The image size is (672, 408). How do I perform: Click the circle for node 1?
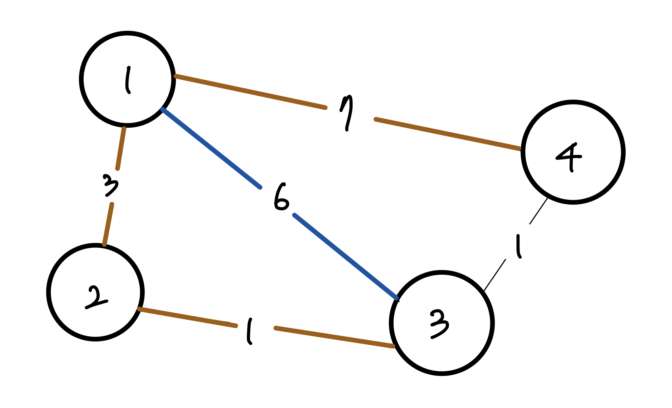[x=127, y=79]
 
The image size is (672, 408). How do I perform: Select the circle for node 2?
[x=95, y=292]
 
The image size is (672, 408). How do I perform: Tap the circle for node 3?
[x=442, y=323]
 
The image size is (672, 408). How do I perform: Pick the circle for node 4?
[x=573, y=152]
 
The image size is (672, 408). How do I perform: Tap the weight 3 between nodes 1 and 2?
[x=110, y=186]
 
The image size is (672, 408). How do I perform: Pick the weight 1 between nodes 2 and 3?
[x=250, y=331]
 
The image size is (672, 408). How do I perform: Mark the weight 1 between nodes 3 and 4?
[x=518, y=246]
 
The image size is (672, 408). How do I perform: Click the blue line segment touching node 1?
[x=212, y=148]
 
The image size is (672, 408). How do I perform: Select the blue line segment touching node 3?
[x=345, y=256]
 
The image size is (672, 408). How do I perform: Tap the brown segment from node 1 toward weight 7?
[x=251, y=92]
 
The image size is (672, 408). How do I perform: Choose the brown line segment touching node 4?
[x=448, y=134]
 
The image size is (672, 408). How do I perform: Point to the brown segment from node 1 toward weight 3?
[x=121, y=148]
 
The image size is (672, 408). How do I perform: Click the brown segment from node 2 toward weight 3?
[x=108, y=224]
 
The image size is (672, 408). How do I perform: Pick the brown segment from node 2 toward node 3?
[x=187, y=317]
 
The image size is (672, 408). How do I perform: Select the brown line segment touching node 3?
[x=334, y=337]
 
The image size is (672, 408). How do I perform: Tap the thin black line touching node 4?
[x=539, y=211]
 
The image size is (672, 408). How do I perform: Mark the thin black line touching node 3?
[x=495, y=275]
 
